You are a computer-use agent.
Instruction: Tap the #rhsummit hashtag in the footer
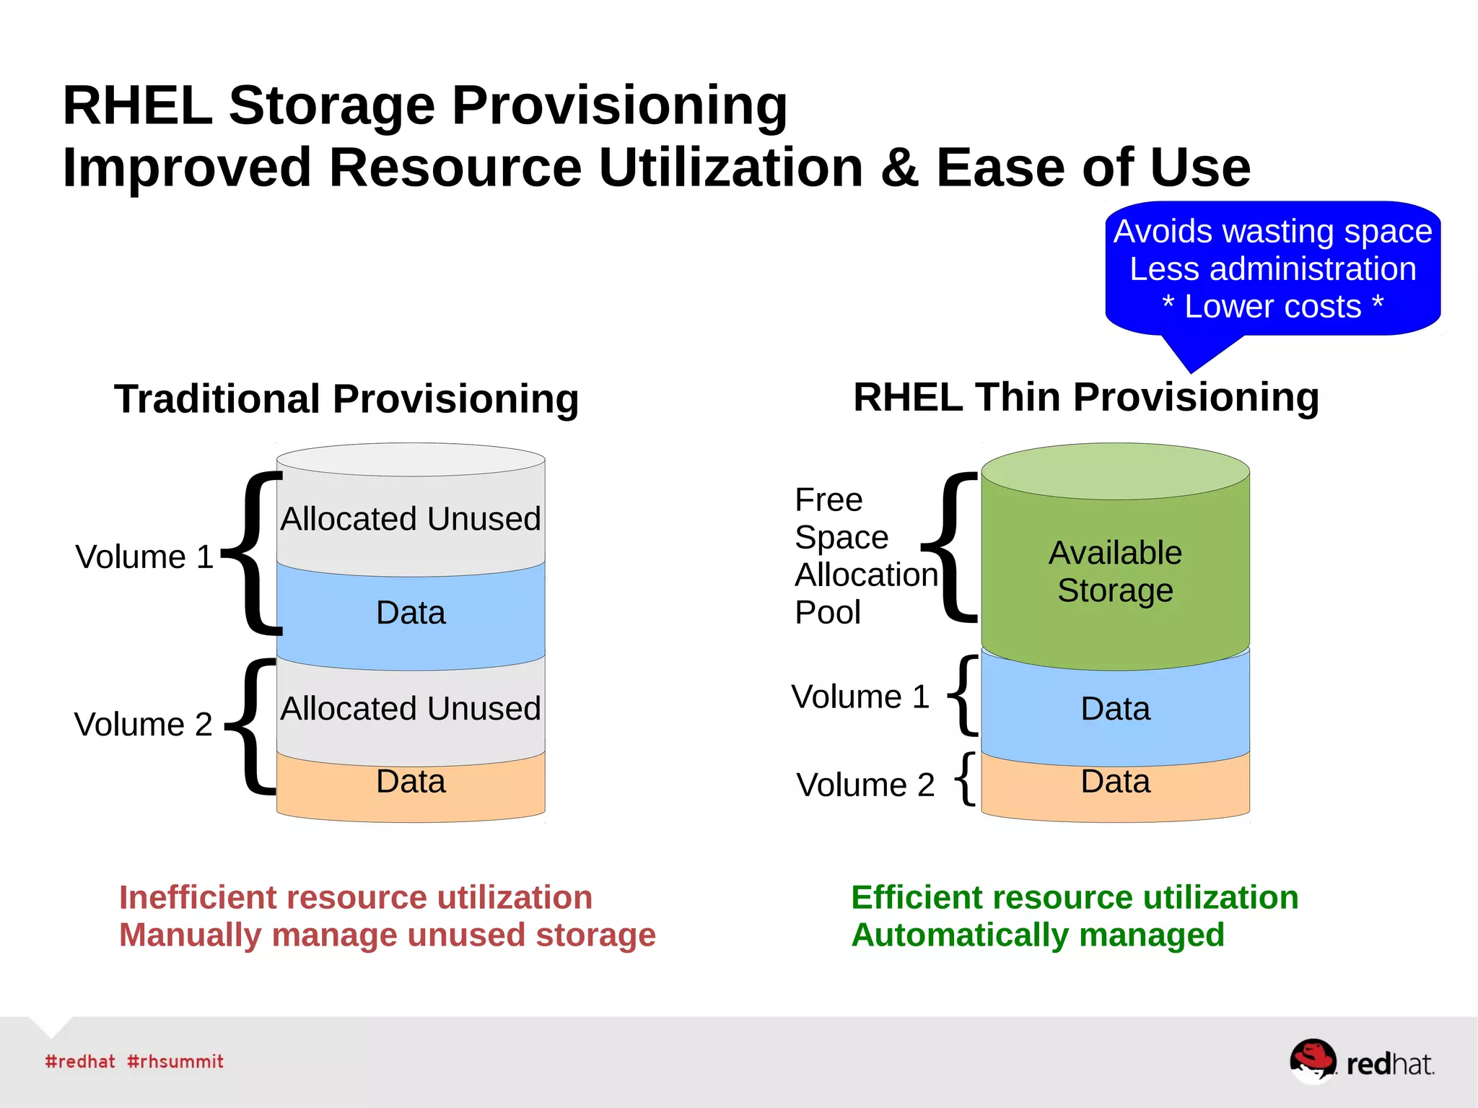click(175, 1061)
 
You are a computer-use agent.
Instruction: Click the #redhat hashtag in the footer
click(79, 1061)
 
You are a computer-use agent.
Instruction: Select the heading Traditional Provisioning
click(346, 398)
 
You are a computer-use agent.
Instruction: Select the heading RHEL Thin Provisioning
click(1086, 397)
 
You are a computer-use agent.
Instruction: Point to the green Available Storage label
click(1115, 572)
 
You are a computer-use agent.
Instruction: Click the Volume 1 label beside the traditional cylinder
click(144, 557)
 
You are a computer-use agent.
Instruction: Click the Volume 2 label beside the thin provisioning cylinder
click(865, 785)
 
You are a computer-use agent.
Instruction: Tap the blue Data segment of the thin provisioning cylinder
click(1115, 709)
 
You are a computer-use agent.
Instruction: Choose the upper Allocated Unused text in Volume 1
click(411, 519)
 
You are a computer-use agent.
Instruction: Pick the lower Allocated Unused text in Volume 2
click(411, 709)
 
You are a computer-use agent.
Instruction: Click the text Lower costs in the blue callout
click(1272, 307)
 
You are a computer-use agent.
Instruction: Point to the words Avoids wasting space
click(1272, 232)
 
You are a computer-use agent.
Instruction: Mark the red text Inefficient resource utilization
click(355, 897)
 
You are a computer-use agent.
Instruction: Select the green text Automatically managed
click(1038, 935)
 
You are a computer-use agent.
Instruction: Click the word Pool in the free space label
click(827, 613)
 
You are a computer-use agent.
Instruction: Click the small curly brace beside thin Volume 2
click(966, 778)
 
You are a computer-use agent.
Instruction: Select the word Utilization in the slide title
click(730, 167)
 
